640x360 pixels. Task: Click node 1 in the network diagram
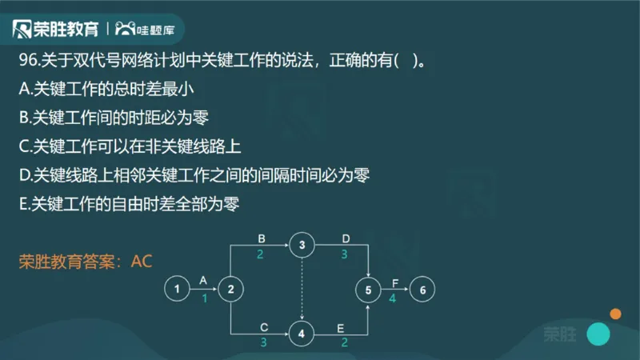point(176,290)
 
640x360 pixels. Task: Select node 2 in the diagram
point(230,290)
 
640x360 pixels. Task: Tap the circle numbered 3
point(302,245)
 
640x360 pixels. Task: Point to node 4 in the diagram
point(302,334)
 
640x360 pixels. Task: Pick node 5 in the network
point(368,290)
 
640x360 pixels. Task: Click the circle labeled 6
point(422,290)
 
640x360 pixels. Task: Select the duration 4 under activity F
point(393,298)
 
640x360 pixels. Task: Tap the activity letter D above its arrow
point(346,238)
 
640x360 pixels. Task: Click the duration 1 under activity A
point(204,298)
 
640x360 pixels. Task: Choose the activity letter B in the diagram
point(261,238)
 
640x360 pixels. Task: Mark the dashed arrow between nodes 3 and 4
point(302,290)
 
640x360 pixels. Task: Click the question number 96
point(26,62)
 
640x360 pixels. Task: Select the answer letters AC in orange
point(142,260)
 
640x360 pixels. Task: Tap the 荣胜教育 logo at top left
point(56,30)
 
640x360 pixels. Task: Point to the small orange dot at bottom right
point(615,314)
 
